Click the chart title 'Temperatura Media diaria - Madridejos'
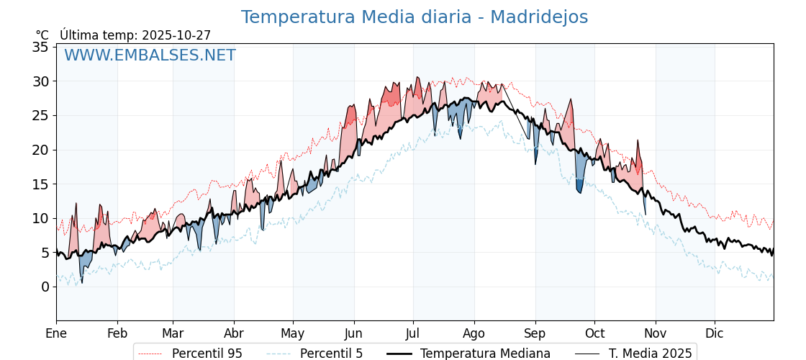[x=414, y=17]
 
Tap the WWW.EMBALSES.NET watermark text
[x=150, y=55]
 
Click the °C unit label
[x=42, y=35]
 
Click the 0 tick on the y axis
[x=45, y=287]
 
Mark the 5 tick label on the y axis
[x=45, y=253]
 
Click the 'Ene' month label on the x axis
[x=56, y=333]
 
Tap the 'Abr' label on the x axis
[x=234, y=333]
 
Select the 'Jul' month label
[x=413, y=333]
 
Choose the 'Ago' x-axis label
[x=474, y=333]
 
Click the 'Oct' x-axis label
[x=594, y=333]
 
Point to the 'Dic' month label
[x=715, y=333]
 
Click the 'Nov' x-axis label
[x=656, y=333]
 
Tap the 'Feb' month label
[x=117, y=333]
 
